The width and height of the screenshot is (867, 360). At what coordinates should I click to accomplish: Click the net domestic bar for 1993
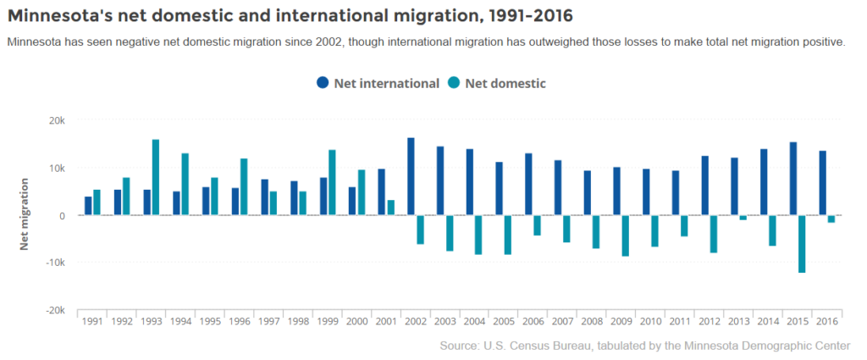[x=156, y=177]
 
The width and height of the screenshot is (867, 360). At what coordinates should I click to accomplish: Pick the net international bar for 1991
[x=88, y=206]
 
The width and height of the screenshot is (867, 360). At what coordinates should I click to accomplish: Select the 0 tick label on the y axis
[x=62, y=215]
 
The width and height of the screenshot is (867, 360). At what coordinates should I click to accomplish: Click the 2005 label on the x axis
[x=503, y=321]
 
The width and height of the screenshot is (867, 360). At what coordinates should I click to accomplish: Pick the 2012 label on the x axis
[x=710, y=321]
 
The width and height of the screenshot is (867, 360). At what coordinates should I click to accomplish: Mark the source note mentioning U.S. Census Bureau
[x=644, y=346]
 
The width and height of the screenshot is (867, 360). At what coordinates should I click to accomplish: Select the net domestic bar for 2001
[x=390, y=208]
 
